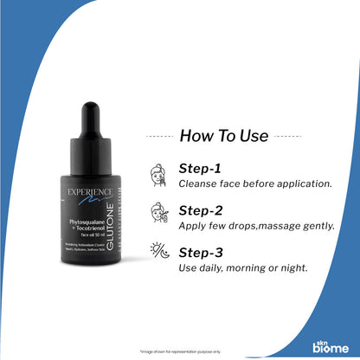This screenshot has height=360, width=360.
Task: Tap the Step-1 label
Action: [199, 169]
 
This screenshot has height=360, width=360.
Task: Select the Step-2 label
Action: [200, 210]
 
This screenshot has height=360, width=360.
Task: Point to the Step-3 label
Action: [200, 253]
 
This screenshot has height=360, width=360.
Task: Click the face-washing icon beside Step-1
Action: [158, 173]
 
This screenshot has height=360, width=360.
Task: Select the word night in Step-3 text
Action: [295, 268]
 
